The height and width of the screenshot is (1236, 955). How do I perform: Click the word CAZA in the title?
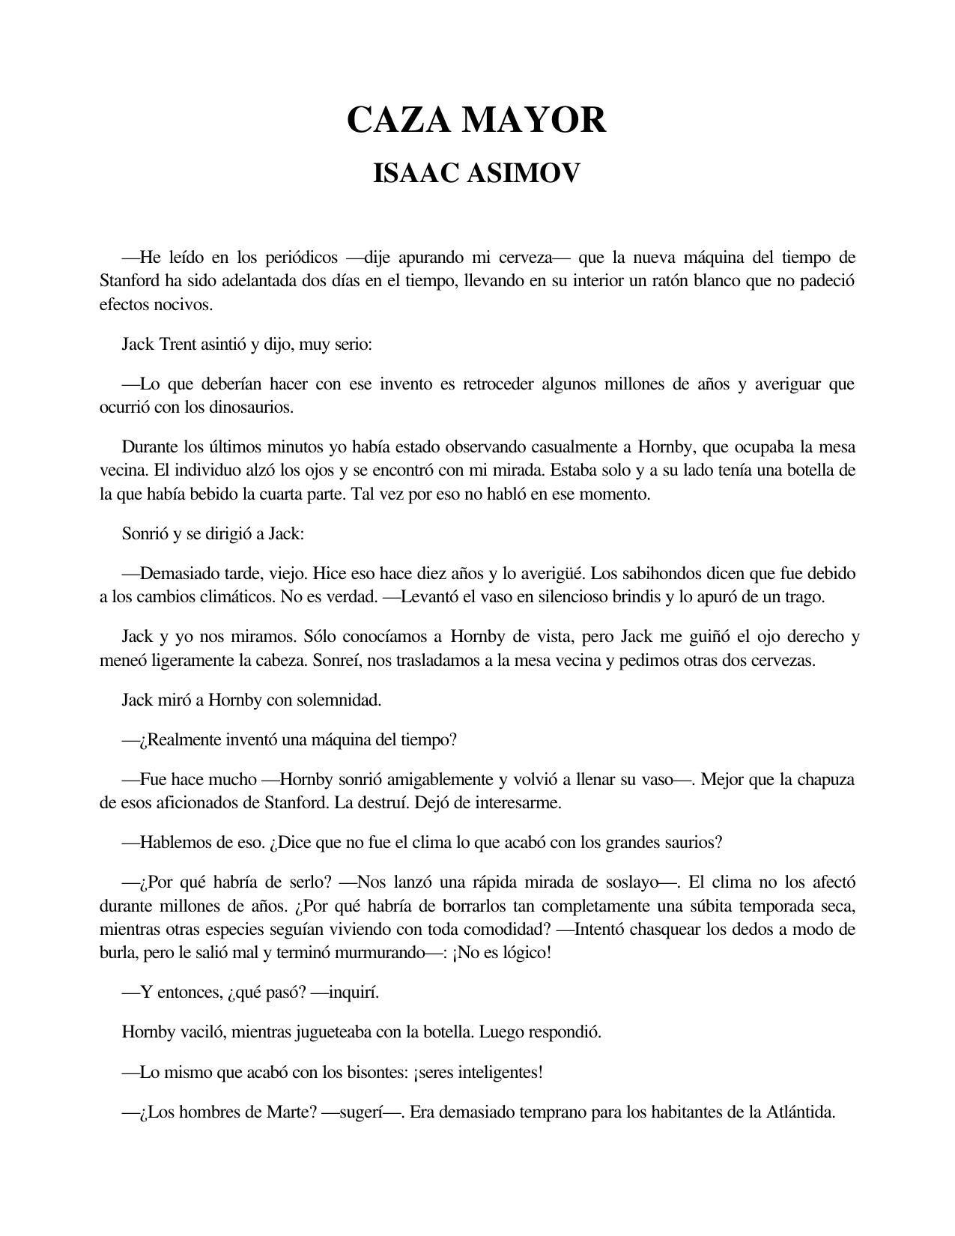point(398,120)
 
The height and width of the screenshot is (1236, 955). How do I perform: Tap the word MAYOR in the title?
point(533,120)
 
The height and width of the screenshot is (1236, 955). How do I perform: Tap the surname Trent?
point(178,345)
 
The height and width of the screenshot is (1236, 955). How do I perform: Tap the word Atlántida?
point(800,1112)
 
